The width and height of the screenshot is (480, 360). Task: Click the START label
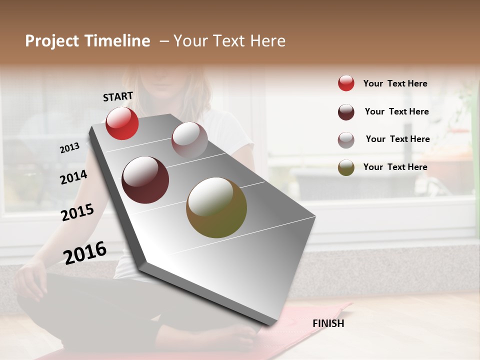pyautogui.click(x=118, y=96)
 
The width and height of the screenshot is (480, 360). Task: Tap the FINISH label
pyautogui.click(x=328, y=323)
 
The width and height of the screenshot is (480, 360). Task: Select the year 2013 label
pyautogui.click(x=69, y=147)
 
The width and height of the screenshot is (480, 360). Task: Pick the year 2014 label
pyautogui.click(x=73, y=177)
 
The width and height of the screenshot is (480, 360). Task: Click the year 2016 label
pyautogui.click(x=85, y=252)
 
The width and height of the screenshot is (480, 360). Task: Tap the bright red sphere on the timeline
pyautogui.click(x=122, y=123)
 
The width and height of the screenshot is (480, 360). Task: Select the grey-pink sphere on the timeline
pyautogui.click(x=189, y=139)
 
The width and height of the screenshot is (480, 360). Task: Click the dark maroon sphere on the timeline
pyautogui.click(x=145, y=180)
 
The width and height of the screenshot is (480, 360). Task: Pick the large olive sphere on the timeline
pyautogui.click(x=216, y=207)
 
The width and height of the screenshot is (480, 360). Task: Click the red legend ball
pyautogui.click(x=346, y=83)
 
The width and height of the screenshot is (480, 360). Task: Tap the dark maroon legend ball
pyautogui.click(x=346, y=112)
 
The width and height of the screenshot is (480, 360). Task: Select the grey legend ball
pyautogui.click(x=346, y=140)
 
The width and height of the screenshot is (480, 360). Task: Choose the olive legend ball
pyautogui.click(x=346, y=167)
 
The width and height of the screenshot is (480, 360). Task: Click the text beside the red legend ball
pyautogui.click(x=395, y=83)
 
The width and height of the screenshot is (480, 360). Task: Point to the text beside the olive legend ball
pyautogui.click(x=395, y=167)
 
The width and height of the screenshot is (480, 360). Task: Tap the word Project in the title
pyautogui.click(x=52, y=41)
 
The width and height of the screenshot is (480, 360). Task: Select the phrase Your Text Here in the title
pyautogui.click(x=229, y=41)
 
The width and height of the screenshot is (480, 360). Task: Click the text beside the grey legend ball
pyautogui.click(x=397, y=139)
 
